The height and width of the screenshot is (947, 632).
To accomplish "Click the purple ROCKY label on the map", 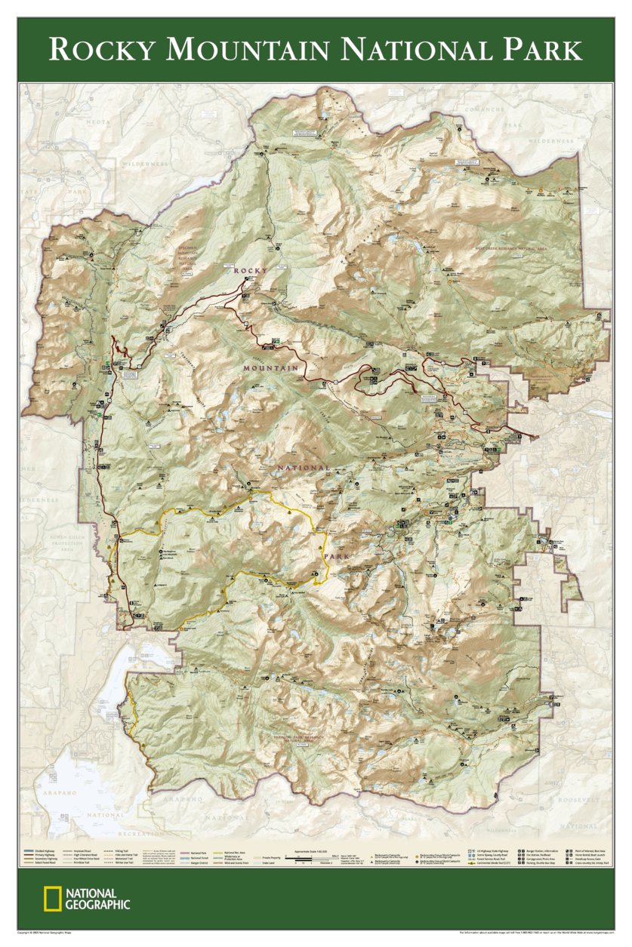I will [x=251, y=270].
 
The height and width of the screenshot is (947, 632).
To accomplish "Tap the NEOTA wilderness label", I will [x=97, y=121].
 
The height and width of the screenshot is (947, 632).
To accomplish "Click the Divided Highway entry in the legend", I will [x=45, y=850].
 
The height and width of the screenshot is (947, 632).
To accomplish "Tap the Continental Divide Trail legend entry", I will [x=498, y=863].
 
